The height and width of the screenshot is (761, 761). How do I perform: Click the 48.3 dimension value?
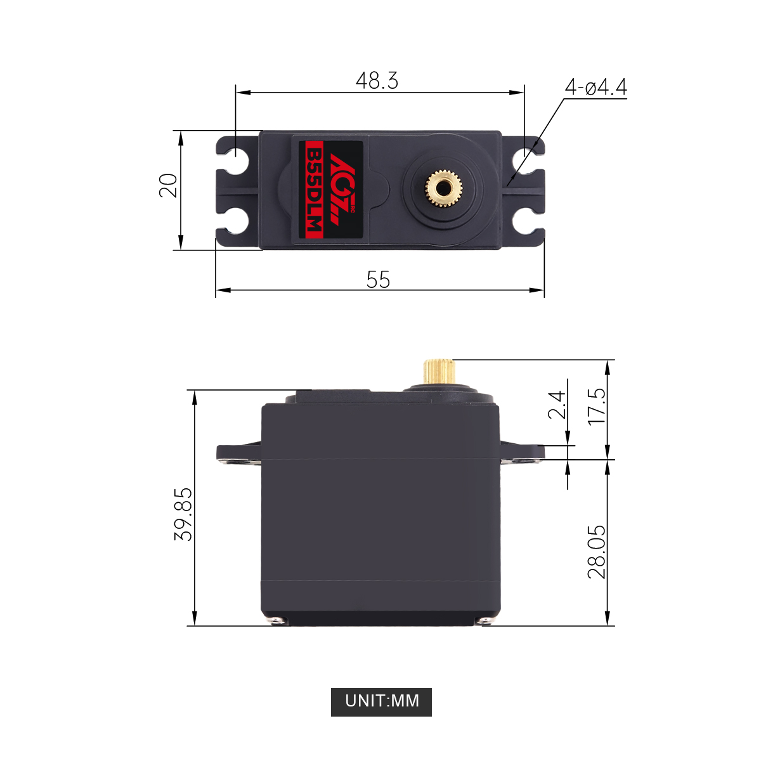pos(377,81)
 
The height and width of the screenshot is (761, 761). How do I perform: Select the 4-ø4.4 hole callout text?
pos(595,88)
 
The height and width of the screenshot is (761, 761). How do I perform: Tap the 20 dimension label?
pos(169,186)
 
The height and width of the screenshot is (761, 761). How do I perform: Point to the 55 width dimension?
pos(378,280)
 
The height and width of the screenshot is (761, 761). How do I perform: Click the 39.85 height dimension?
pos(183,514)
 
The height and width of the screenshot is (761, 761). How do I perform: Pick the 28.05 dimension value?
pos(597,551)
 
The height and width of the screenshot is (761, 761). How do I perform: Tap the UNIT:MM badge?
pos(381,701)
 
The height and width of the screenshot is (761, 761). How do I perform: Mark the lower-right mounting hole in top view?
pos(523,221)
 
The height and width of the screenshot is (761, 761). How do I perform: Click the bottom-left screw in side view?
pos(276,620)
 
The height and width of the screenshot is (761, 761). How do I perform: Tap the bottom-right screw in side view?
pos(485,620)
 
